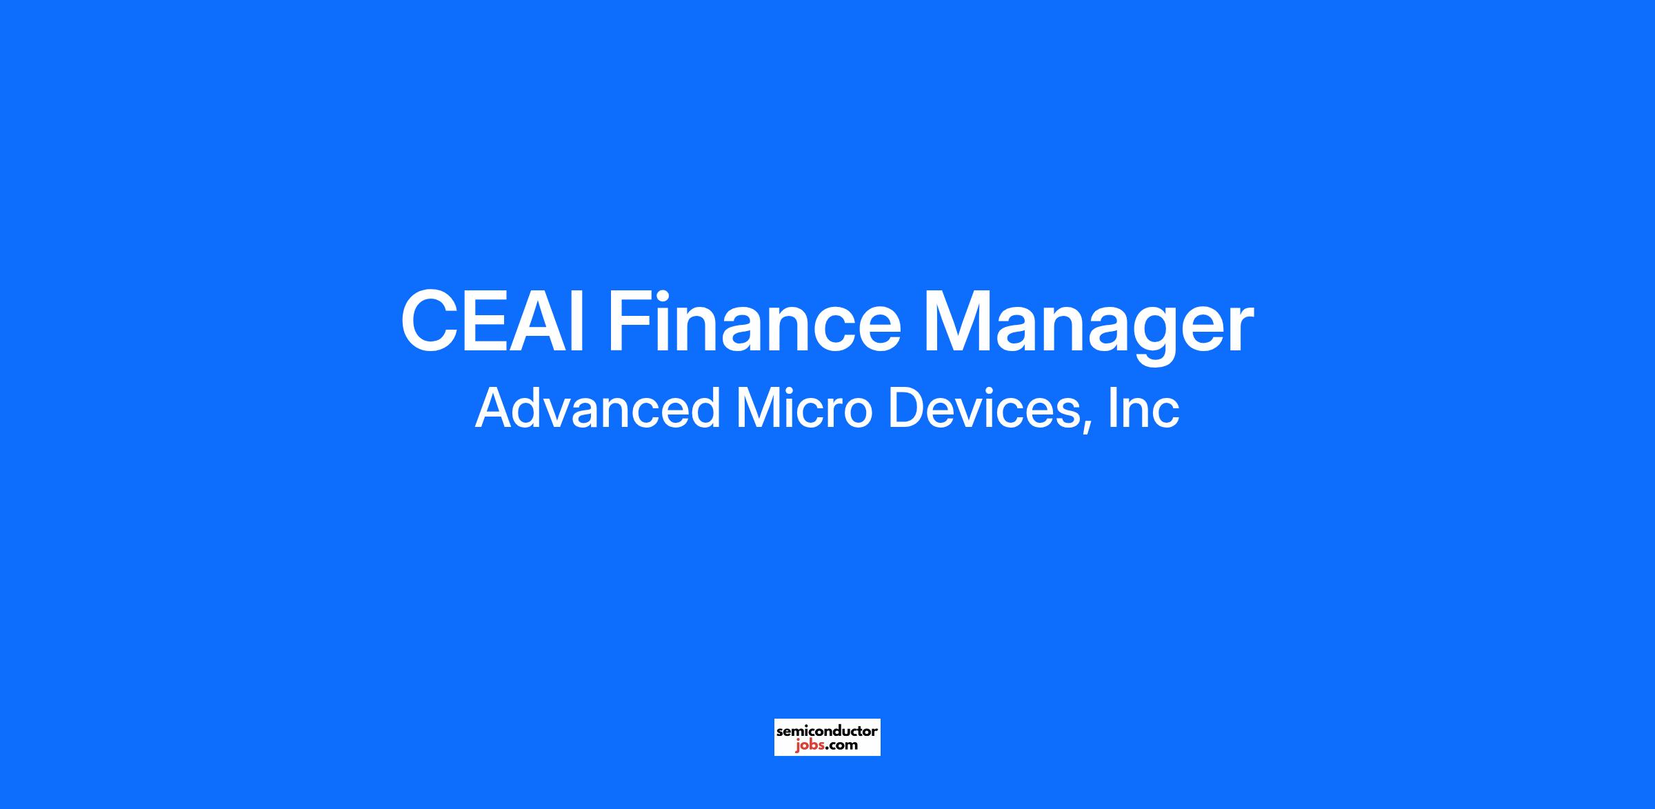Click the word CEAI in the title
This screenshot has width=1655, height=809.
coord(494,322)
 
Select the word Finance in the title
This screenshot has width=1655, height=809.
coord(754,322)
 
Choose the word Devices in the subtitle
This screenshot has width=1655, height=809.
coord(983,408)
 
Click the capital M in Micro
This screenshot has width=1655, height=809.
coord(758,409)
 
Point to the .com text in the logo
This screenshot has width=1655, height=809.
coord(841,746)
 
